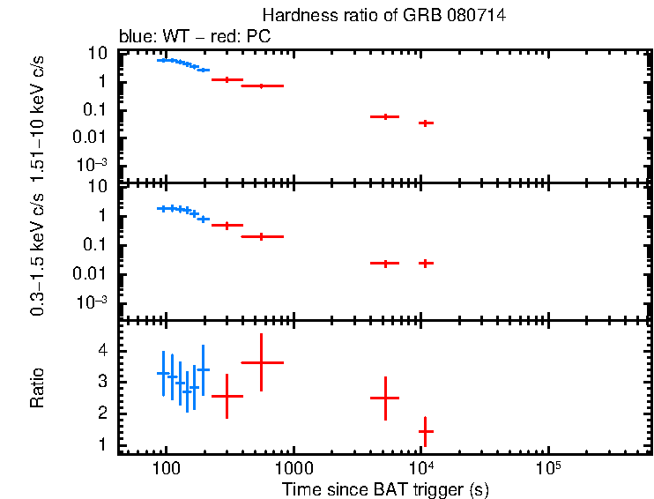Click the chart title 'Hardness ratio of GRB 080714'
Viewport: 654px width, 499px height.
coord(383,16)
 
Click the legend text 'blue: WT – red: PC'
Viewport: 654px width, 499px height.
coord(194,37)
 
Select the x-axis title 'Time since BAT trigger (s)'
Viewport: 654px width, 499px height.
coord(385,488)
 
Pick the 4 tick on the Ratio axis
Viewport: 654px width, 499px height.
coord(104,351)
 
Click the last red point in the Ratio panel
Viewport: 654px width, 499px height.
coord(426,431)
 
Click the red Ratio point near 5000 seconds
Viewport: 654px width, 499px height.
coord(385,398)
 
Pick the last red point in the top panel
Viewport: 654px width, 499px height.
coord(426,123)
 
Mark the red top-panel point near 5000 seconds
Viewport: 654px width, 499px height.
coord(385,116)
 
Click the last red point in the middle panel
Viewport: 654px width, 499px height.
coord(426,263)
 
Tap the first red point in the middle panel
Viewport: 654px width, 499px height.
coord(227,226)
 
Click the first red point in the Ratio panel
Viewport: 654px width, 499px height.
coord(227,396)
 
